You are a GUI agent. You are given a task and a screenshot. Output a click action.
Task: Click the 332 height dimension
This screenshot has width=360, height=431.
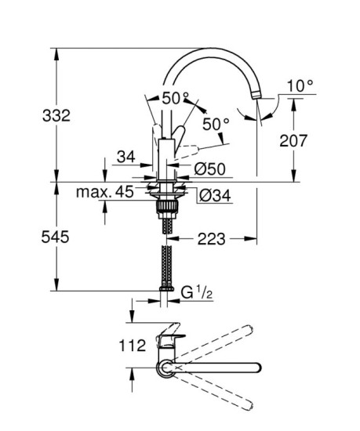tap(56, 115)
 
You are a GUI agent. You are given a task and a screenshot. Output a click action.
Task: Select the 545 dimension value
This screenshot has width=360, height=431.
tap(55, 237)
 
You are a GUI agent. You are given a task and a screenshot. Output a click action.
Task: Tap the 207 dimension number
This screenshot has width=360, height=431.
tap(293, 141)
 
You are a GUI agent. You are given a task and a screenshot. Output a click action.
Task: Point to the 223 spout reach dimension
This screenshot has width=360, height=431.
tap(212, 239)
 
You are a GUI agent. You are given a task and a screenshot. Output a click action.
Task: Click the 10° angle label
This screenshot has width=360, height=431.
tap(300, 85)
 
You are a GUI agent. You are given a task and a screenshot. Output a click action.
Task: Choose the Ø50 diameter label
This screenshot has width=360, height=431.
tap(210, 168)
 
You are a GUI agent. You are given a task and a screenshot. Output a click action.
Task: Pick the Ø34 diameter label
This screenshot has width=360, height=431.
tap(215, 195)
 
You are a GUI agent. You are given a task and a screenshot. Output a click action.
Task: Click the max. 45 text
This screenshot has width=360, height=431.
tap(105, 191)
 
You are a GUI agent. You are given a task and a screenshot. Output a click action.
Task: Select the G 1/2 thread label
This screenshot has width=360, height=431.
tap(197, 293)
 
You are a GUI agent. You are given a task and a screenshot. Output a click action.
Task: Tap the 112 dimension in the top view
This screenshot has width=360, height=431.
tap(133, 346)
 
